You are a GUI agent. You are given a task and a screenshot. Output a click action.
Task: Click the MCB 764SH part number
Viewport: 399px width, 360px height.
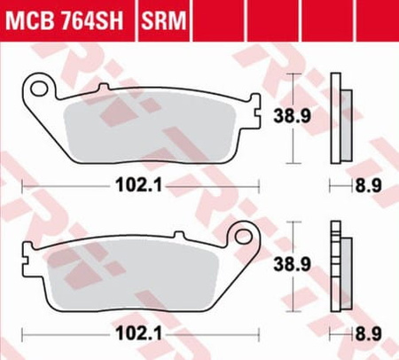tap(64, 20)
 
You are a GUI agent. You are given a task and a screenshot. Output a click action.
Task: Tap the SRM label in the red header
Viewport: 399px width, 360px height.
tap(164, 20)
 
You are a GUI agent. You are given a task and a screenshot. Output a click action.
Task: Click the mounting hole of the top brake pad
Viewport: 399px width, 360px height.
tap(39, 88)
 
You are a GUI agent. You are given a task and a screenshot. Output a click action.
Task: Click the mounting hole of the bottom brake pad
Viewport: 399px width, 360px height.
tap(244, 236)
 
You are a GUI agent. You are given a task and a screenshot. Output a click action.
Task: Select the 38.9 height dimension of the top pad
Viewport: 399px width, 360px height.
tap(292, 116)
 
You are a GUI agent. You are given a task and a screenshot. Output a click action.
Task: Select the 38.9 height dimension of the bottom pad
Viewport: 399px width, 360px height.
tap(292, 264)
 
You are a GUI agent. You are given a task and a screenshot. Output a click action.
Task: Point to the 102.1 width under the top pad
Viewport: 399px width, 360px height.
tap(139, 186)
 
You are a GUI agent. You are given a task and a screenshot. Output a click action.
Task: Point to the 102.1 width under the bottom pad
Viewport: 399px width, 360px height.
tap(139, 334)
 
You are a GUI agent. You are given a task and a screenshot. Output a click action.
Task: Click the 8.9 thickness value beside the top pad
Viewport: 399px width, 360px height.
tap(368, 186)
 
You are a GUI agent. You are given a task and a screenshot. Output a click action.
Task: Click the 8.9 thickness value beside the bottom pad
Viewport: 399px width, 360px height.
tap(368, 334)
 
